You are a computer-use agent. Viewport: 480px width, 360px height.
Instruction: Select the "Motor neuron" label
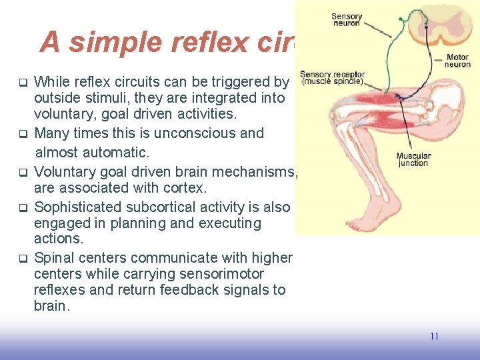click(457, 61)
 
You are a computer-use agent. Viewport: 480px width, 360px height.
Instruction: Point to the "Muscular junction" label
click(413, 160)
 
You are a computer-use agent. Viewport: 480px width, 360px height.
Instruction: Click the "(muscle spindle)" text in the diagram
click(332, 82)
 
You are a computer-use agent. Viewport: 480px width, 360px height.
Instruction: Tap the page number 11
click(434, 336)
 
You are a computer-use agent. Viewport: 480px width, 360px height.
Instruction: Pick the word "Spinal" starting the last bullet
click(54, 258)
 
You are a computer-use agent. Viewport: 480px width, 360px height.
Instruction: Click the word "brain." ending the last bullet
click(51, 306)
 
